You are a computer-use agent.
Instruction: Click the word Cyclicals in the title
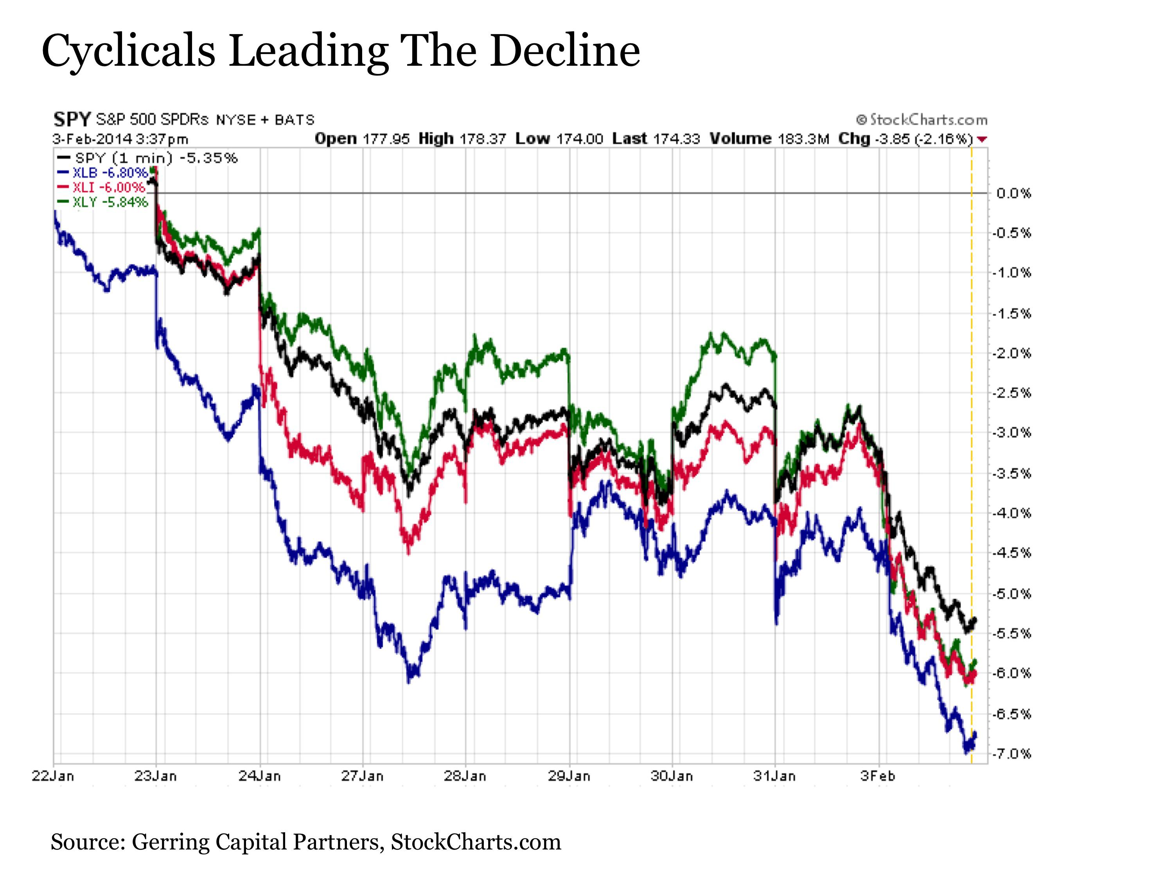coord(128,51)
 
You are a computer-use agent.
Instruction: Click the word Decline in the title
coord(565,51)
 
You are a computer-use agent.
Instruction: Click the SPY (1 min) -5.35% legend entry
coord(155,158)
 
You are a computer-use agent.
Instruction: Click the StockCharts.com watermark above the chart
coord(922,120)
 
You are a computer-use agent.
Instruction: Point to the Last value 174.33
coord(677,139)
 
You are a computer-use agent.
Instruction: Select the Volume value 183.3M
coord(803,139)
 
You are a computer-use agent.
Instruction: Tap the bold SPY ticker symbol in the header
coord(72,120)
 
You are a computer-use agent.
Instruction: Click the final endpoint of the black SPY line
coord(975,619)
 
